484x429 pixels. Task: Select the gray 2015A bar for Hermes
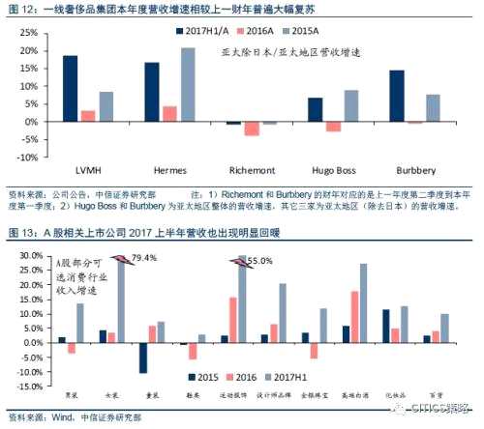point(188,86)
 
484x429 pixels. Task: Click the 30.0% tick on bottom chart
point(29,256)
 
